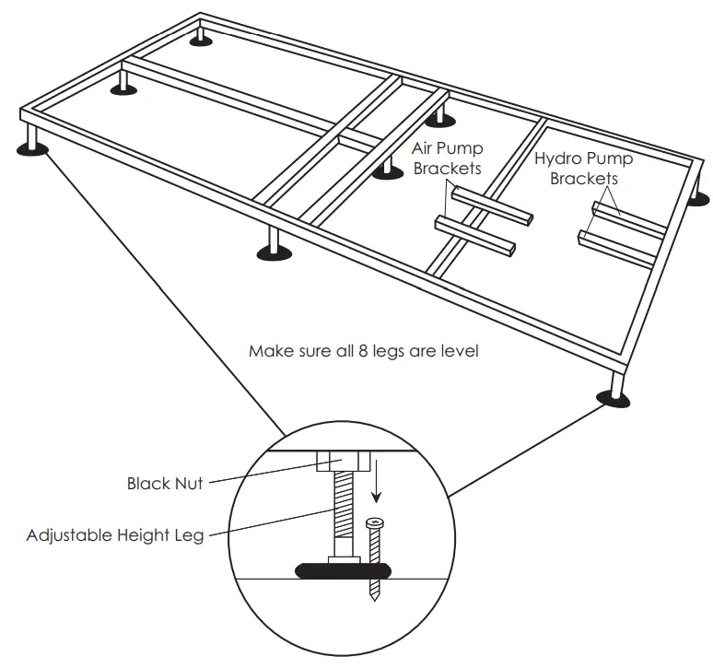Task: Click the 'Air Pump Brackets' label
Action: [448, 158]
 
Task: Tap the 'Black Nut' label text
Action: [164, 482]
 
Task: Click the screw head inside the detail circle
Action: [375, 523]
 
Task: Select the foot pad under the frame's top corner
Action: [200, 40]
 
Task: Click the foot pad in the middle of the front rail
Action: [273, 252]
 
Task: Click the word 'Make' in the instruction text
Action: [267, 351]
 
